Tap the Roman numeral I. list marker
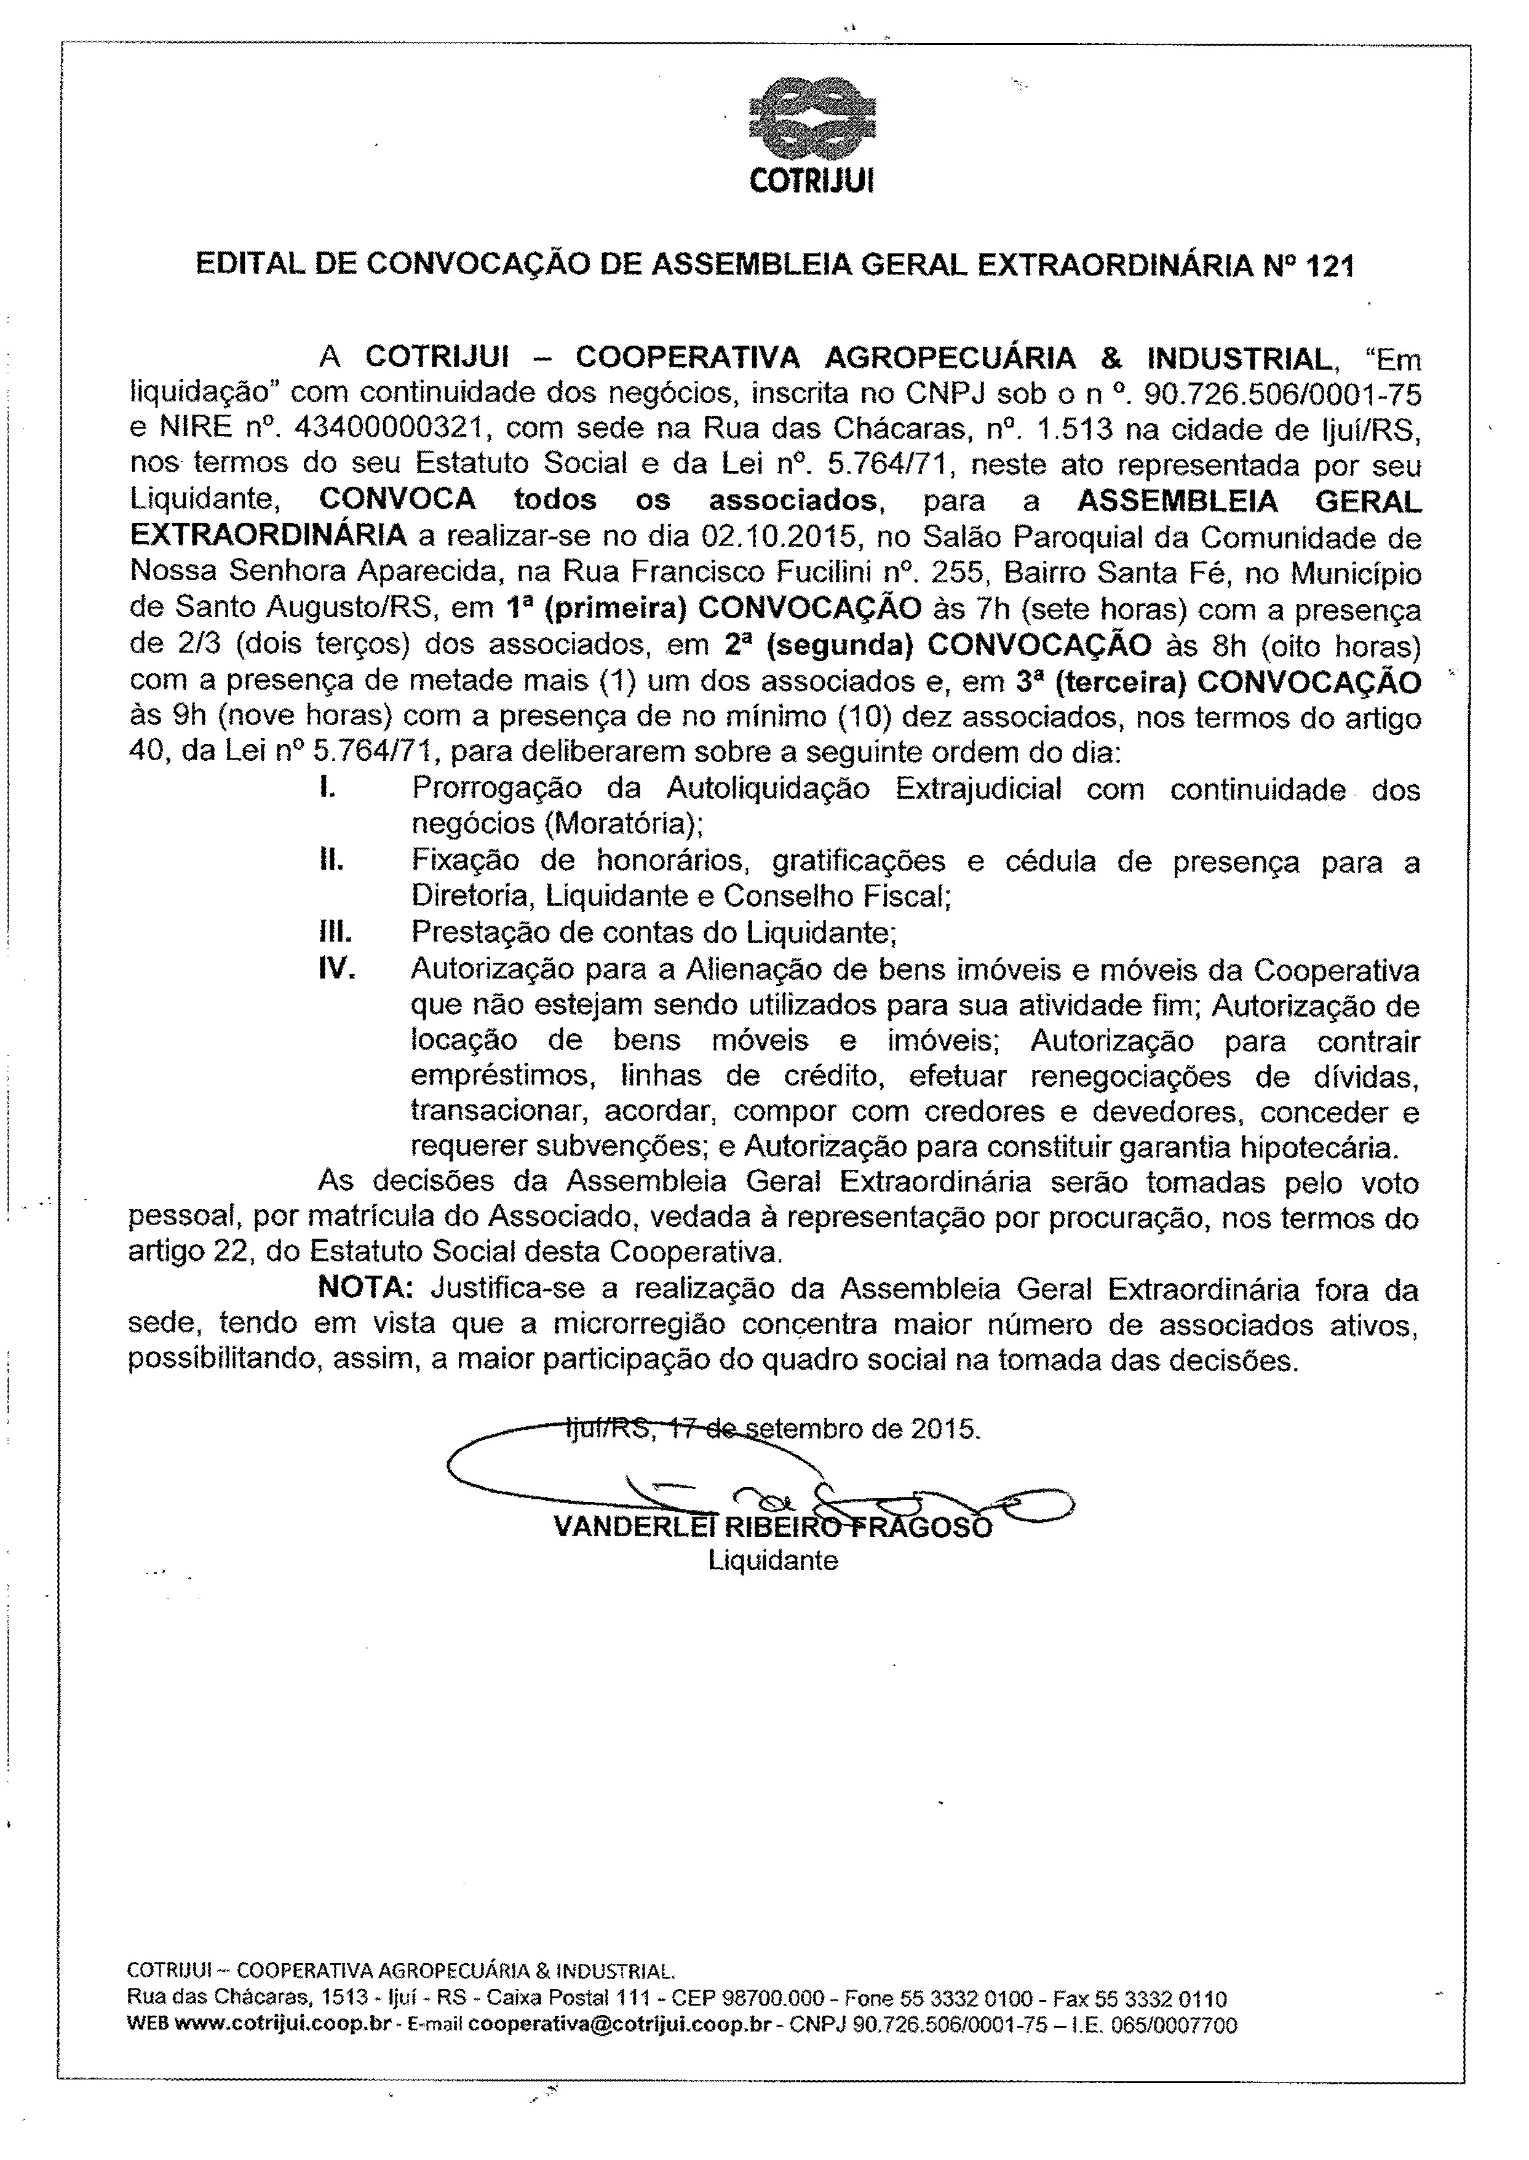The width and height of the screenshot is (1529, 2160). pos(328,789)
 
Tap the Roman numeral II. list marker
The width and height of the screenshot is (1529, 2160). pos(330,860)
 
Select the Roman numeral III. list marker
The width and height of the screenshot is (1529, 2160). pos(334,933)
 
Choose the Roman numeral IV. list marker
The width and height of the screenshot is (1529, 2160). pos(337,969)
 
